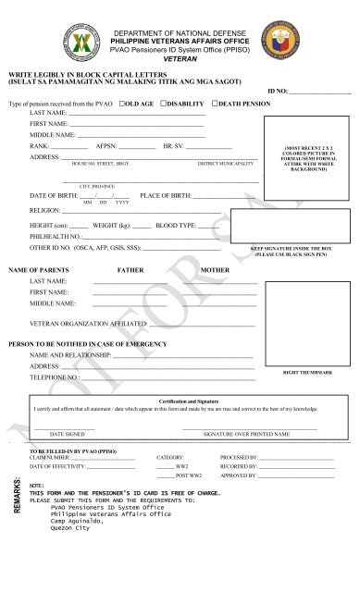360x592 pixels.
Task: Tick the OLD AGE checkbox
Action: (122, 104)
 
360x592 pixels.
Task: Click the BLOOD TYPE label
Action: (176, 225)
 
